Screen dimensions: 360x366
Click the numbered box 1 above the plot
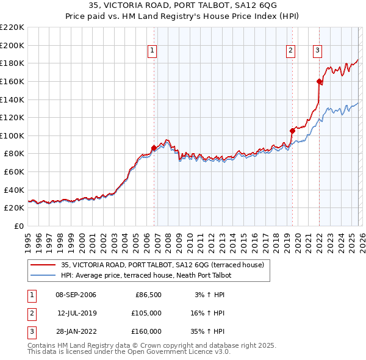tap(151, 51)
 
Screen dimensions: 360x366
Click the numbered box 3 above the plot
tap(318, 51)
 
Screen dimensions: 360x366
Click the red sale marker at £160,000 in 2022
tap(319, 81)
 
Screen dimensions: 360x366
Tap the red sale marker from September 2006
tap(154, 147)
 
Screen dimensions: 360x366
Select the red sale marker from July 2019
tap(292, 131)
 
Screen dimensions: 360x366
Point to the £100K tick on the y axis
tap(12, 135)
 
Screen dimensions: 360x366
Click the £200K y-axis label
tap(12, 45)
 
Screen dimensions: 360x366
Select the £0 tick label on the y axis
tap(18, 226)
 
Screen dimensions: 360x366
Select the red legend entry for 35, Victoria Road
tap(162, 265)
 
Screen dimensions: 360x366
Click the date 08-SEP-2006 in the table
tap(76, 295)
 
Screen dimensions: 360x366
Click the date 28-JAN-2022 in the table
tap(76, 331)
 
